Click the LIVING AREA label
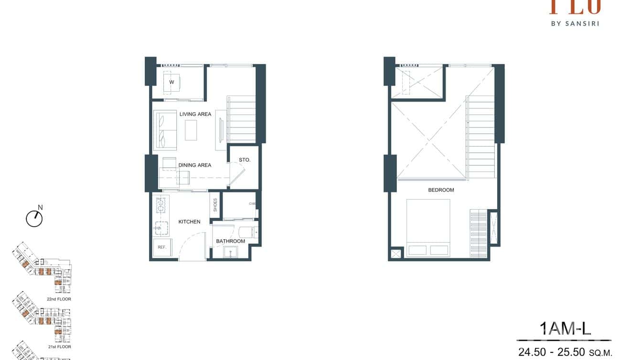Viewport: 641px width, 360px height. [x=195, y=114]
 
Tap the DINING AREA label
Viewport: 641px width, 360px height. [x=194, y=165]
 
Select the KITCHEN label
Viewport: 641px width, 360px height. [x=189, y=222]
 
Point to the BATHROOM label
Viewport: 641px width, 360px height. [x=230, y=241]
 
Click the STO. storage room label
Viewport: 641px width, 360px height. [x=245, y=160]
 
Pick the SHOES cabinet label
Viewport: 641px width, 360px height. [x=215, y=205]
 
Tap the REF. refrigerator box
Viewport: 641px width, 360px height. [x=162, y=247]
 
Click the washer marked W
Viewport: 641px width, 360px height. [x=171, y=82]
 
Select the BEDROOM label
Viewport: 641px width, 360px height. [x=441, y=190]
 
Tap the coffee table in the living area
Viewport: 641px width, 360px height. [x=191, y=130]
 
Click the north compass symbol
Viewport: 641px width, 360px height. [x=34, y=218]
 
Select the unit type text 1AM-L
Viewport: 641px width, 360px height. [x=565, y=328]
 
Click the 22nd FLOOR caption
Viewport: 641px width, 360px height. [x=59, y=299]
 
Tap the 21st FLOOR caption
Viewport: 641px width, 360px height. [x=59, y=347]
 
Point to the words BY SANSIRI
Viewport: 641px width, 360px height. [x=575, y=23]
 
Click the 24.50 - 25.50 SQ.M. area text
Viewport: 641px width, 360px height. [x=565, y=352]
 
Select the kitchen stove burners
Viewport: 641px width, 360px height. [x=160, y=205]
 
